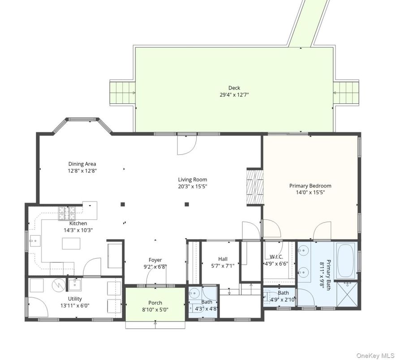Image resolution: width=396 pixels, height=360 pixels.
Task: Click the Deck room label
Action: (x=234, y=88)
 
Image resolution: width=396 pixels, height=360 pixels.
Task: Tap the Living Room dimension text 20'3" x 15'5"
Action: (x=193, y=186)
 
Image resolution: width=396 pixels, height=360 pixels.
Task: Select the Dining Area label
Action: (x=82, y=164)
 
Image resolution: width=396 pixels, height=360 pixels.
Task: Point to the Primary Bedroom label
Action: (x=310, y=186)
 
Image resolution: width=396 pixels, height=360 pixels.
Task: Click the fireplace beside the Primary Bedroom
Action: (x=254, y=186)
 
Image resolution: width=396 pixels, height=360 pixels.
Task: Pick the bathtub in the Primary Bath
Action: (x=346, y=261)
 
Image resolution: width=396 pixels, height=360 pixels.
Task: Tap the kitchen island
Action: (x=72, y=244)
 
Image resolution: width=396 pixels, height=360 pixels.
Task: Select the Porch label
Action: (x=155, y=303)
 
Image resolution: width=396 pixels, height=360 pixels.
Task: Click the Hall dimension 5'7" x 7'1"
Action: (x=223, y=265)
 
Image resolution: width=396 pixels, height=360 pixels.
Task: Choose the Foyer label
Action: (x=155, y=260)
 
